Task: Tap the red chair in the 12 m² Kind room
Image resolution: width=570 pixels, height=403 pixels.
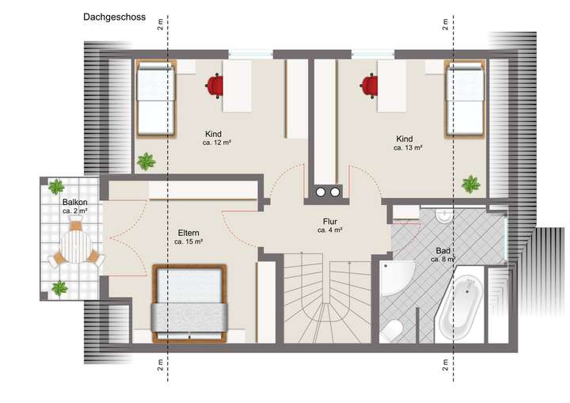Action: point(215,82)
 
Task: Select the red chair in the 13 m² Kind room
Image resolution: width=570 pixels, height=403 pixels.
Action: point(370,83)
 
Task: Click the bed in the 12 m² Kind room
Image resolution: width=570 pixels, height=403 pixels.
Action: point(155,98)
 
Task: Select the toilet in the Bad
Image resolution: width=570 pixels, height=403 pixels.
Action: point(393,330)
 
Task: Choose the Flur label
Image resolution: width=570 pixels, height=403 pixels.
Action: point(330,222)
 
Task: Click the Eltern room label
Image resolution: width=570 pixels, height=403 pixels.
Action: point(188,233)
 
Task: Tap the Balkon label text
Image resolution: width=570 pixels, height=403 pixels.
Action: point(75,202)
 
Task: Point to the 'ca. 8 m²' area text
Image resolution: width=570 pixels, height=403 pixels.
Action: point(442,260)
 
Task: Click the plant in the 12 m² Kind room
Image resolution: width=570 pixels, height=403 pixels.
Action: point(146,162)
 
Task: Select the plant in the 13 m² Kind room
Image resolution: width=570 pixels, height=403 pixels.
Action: point(471,184)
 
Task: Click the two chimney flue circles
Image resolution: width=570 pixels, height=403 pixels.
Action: point(329,191)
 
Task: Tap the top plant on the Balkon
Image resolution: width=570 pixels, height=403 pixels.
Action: point(56,187)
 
